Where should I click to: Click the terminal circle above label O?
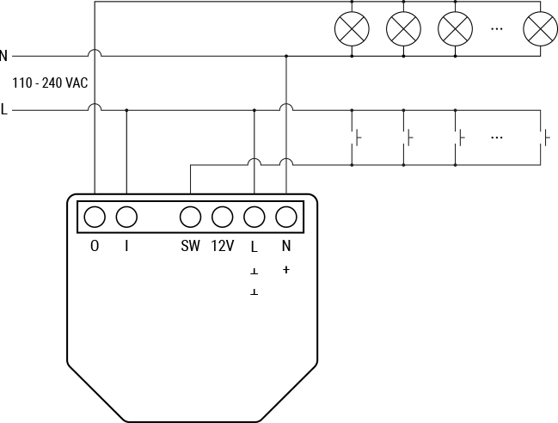pos(95,216)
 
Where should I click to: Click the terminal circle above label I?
pos(126,216)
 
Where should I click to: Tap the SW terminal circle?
pos(190,216)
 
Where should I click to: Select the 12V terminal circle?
pos(223,216)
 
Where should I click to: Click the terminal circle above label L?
pos(254,216)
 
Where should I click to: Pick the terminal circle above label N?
pos(286,216)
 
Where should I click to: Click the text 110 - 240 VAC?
pos(50,83)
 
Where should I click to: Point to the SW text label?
pos(190,246)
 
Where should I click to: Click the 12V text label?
pos(223,246)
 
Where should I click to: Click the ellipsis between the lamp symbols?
pos(497,28)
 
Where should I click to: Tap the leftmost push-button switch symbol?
pos(356,137)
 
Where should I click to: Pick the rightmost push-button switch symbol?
pos(545,137)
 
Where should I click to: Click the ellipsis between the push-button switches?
pos(497,137)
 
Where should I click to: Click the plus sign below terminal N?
pos(286,270)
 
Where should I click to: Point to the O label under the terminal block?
pos(95,246)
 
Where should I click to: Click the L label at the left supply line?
pos(4,110)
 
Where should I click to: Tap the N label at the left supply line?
pos(4,56)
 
